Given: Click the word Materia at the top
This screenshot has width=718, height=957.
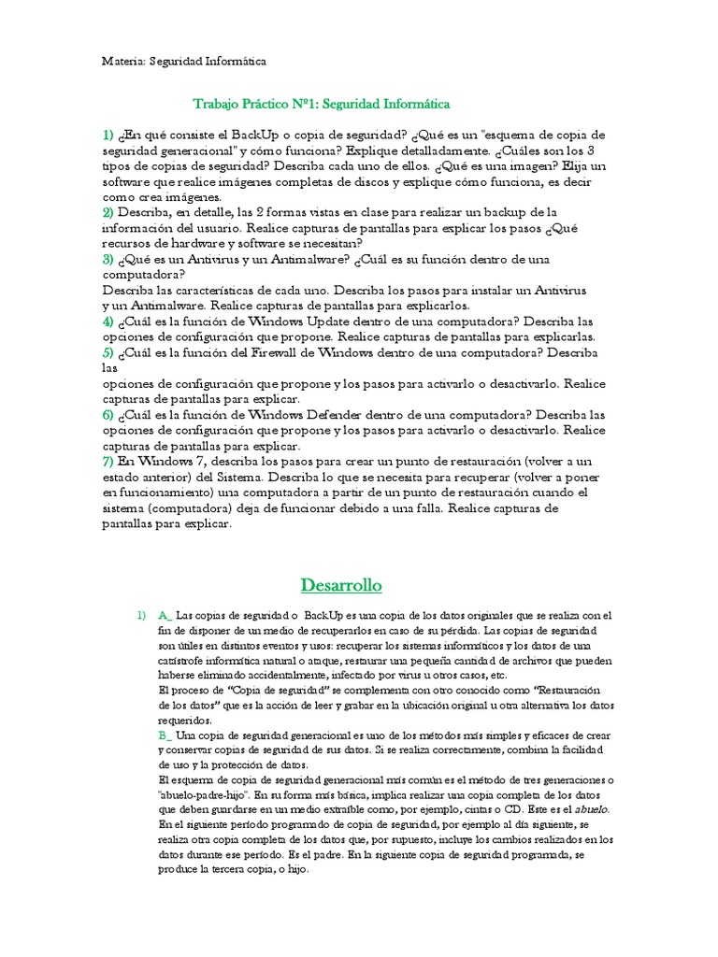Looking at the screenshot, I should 122,61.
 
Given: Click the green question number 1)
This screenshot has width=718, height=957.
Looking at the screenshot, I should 108,136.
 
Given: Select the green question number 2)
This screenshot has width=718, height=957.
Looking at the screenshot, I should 108,212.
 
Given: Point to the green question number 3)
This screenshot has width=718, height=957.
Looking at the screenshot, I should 108,259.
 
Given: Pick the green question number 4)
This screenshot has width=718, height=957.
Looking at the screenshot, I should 108,321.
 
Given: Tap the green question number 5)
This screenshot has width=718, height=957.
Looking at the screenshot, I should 108,352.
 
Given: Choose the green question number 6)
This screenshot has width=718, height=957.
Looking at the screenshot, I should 108,415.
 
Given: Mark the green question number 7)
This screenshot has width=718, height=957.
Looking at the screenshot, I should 108,462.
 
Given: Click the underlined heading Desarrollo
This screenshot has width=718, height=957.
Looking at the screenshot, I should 342,586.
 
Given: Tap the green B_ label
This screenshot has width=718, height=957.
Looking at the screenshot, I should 166,736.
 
